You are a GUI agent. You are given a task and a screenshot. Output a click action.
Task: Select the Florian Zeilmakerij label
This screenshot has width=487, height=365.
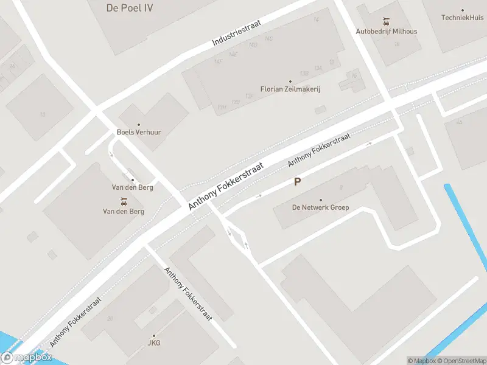pos(290,89)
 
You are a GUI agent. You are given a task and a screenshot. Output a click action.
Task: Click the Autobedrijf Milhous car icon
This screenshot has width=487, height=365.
pos(386,21)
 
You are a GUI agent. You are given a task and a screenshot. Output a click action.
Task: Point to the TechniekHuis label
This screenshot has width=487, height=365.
pos(463,18)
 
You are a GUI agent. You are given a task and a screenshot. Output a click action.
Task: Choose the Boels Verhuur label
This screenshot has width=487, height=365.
pos(139,132)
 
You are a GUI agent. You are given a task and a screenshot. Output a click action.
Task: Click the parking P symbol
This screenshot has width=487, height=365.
pos(297,181)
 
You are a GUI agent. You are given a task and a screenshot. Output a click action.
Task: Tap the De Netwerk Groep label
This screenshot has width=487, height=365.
pos(321,207)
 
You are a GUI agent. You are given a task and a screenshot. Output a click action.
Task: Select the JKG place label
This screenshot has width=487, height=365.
pos(153,343)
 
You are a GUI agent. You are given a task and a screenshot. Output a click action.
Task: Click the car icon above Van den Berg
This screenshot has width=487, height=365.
pos(124,201)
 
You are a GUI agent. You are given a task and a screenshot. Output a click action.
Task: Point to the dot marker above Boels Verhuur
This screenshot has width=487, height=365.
pos(139,124)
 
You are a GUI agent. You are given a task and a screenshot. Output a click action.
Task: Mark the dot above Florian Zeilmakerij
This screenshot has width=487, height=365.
pos(290,82)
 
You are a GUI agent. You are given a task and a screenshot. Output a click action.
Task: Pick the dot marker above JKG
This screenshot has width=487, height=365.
pos(153,336)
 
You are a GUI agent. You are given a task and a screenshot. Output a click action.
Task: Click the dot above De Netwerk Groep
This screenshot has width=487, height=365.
pos(321,200)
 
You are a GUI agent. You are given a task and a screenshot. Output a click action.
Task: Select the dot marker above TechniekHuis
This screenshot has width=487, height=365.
pos(463,10)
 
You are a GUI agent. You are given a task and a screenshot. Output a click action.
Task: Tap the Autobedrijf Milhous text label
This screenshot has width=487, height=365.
pos(387,31)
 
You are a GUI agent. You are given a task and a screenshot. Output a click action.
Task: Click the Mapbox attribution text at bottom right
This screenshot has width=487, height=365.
pos(421,361)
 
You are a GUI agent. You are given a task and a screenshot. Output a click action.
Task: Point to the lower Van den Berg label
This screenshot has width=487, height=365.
pos(124,211)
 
